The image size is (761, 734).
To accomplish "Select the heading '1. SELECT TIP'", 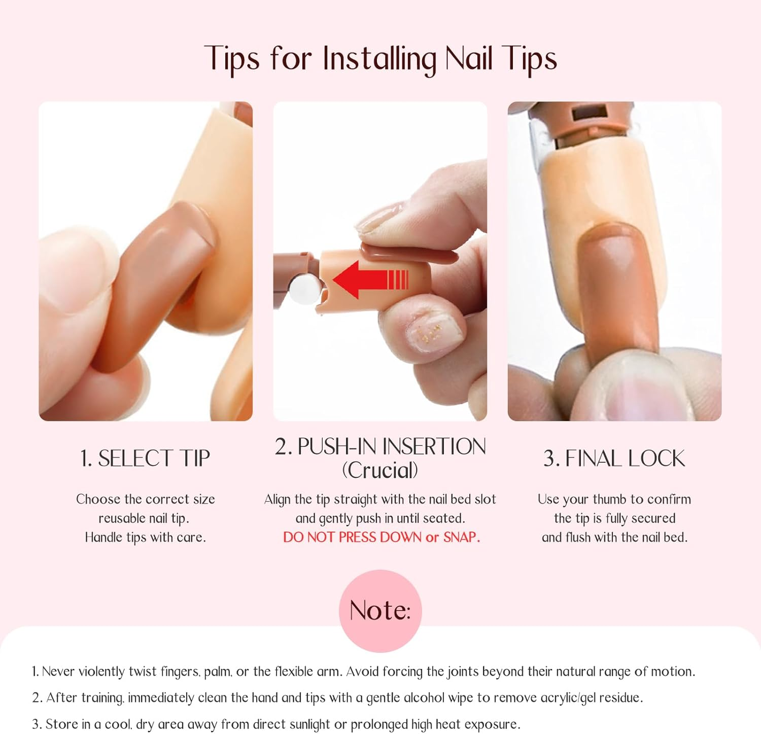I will tap(145, 459).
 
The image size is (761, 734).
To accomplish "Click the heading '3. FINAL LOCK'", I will tap(614, 459).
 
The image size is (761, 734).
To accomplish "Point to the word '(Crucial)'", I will tap(380, 470).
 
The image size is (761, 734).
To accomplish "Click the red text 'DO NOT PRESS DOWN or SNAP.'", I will tap(381, 537).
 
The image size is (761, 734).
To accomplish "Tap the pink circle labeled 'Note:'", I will tap(380, 610).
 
